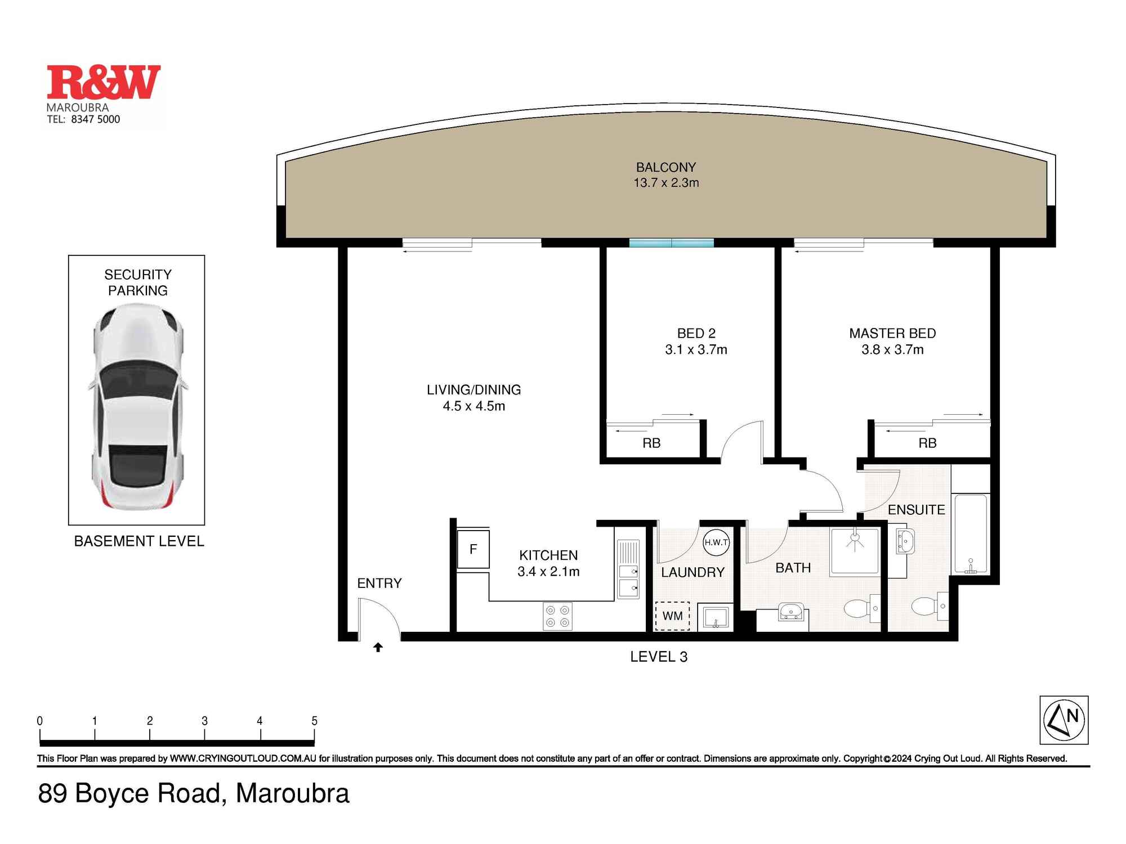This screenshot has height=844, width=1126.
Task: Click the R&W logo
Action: pos(104,82)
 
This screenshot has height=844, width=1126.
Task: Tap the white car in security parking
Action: pos(138,406)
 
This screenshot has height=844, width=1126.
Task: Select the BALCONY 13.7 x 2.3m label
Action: pos(666,175)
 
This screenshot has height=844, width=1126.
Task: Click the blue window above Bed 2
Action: pos(671,243)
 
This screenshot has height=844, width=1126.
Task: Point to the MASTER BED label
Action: pos(892,341)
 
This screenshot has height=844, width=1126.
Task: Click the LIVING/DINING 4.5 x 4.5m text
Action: pos(473,398)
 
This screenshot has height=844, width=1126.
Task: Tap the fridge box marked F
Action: pos(473,549)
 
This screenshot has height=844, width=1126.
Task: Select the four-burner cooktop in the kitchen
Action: pos(557,616)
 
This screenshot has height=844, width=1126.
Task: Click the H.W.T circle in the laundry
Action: pos(716,542)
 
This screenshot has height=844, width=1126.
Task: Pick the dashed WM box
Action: pos(672,616)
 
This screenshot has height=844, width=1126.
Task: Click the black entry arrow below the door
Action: pos(378,648)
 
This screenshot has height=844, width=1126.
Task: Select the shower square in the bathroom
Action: pos(855,551)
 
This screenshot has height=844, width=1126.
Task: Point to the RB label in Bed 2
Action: pos(651,443)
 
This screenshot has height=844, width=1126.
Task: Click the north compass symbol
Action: pos(1064,720)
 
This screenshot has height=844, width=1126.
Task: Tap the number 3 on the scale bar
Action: pos(204,721)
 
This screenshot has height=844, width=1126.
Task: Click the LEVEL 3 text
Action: pos(659,657)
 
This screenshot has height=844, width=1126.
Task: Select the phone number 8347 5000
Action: pos(95,119)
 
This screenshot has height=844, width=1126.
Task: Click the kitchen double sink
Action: pos(628,580)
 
